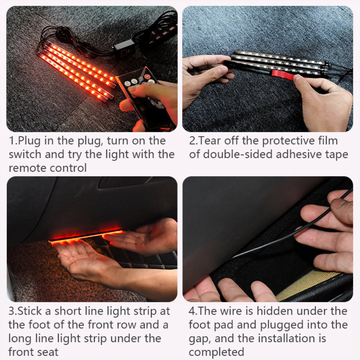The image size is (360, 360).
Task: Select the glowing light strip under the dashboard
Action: coord(86,235)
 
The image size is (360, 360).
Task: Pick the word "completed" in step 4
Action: coord(216,352)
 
